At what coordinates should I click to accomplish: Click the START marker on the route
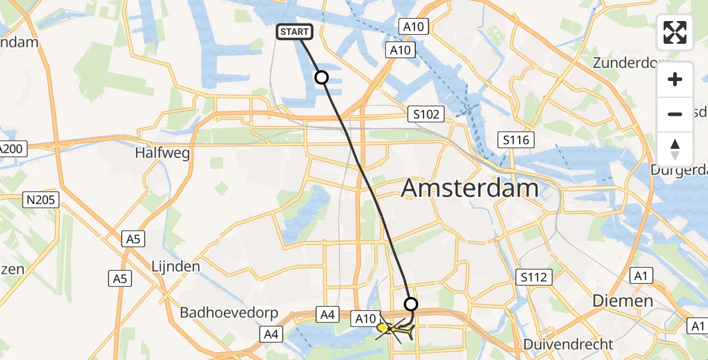click(294, 32)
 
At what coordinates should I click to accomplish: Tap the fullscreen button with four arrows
click(675, 32)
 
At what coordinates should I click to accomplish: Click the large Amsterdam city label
click(470, 188)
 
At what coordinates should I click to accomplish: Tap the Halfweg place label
click(163, 153)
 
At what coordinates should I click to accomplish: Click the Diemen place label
click(622, 301)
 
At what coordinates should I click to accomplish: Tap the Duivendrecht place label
click(568, 344)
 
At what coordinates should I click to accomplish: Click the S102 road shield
click(425, 113)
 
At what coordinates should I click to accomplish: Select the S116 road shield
click(517, 140)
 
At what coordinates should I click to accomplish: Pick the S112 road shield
click(533, 277)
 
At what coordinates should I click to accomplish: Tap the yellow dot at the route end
click(382, 328)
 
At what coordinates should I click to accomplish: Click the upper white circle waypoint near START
click(322, 77)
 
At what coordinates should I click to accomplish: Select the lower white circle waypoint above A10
click(411, 303)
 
